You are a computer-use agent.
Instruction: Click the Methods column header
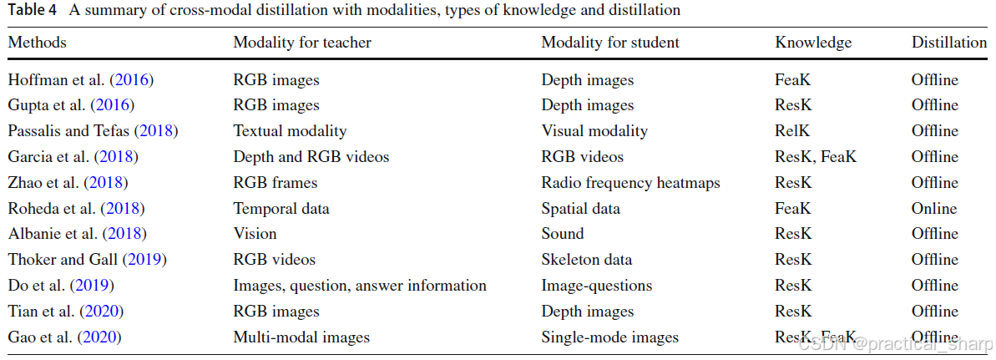pos(37,43)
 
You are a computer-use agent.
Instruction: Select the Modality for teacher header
pos(302,43)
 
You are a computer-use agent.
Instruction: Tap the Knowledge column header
pos(813,43)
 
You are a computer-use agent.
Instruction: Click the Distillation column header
pos(948,43)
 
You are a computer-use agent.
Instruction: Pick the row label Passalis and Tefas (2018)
pos(93,131)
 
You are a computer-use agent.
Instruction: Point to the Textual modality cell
pos(290,131)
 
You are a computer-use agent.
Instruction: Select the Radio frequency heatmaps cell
pos(630,183)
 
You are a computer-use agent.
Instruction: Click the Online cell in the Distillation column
pos(934,208)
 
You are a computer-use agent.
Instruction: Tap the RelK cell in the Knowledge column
pos(792,131)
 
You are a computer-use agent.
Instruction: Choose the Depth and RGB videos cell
pos(311,157)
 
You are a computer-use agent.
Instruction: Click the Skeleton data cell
pos(587,260)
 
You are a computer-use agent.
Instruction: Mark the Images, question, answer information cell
pos(360,286)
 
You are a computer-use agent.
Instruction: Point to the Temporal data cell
pos(281,208)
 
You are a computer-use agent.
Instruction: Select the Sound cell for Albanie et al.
pos(563,234)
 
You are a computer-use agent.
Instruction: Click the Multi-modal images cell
pos(301,337)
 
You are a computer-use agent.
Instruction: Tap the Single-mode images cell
pos(609,337)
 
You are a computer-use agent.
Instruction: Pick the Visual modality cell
pos(594,131)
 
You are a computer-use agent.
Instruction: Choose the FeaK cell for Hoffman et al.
pos(793,80)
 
